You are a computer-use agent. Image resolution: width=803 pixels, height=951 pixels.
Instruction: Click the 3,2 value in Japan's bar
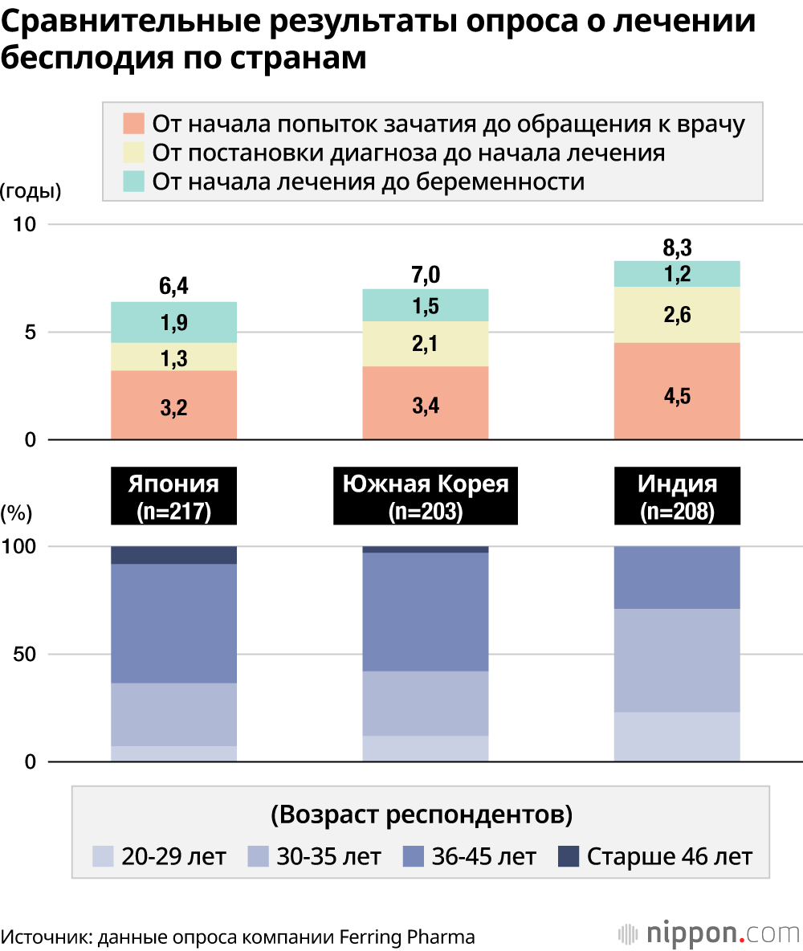[x=173, y=407]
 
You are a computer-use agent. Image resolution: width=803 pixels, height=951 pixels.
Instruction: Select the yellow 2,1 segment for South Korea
[x=426, y=345]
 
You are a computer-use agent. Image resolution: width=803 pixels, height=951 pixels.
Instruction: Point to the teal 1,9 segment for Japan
[x=173, y=323]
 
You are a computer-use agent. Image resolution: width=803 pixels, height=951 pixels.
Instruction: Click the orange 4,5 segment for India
[x=677, y=396]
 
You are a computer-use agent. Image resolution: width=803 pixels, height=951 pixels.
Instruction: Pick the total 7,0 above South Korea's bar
[x=426, y=276]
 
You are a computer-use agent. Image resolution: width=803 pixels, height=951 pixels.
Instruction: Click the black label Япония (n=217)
[x=173, y=498]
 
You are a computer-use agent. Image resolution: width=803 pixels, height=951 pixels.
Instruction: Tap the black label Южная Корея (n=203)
[x=426, y=498]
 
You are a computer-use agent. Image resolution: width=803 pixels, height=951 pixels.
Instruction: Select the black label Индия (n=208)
[x=677, y=498]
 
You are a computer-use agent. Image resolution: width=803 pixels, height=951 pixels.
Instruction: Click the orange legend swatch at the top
[x=134, y=124]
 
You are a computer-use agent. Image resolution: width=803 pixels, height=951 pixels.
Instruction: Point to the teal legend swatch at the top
[x=134, y=181]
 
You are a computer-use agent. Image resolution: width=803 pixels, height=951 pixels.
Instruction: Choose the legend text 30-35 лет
[x=328, y=856]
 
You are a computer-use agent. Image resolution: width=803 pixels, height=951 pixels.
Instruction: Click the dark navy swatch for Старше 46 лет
[x=569, y=856]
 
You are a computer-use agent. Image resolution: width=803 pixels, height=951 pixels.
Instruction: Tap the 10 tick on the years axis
[x=26, y=224]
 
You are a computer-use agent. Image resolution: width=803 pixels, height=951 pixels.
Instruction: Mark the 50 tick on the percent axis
[x=26, y=654]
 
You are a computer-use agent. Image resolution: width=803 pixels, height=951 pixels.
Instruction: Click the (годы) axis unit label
[x=31, y=191]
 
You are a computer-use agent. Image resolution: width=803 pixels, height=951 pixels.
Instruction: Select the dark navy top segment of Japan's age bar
[x=173, y=555]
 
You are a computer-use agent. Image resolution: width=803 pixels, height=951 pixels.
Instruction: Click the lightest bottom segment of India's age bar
[x=677, y=737]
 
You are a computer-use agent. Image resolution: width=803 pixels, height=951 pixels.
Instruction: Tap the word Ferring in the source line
[x=376, y=937]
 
